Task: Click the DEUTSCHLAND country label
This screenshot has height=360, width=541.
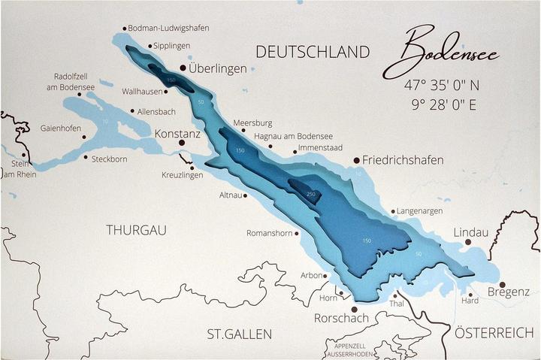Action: pyautogui.click(x=313, y=52)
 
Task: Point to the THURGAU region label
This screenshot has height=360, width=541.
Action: pyautogui.click(x=136, y=230)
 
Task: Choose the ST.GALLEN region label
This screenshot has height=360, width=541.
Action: pyautogui.click(x=240, y=333)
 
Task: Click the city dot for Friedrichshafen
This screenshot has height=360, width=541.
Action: pyautogui.click(x=356, y=160)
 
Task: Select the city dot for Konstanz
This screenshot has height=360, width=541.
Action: pyautogui.click(x=181, y=142)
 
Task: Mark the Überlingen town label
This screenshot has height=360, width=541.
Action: pyautogui.click(x=218, y=68)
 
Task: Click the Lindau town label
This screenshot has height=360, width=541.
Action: pyautogui.click(x=471, y=232)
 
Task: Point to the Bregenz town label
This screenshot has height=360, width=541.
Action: pyautogui.click(x=509, y=292)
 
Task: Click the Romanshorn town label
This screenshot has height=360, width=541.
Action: pyautogui.click(x=269, y=233)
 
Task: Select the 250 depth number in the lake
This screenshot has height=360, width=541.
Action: pyautogui.click(x=311, y=194)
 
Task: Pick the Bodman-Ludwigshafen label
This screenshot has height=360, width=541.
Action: pyautogui.click(x=168, y=28)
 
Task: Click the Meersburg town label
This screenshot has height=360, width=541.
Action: pyautogui.click(x=253, y=123)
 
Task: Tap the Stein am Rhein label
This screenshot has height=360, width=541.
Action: pyautogui.click(x=20, y=169)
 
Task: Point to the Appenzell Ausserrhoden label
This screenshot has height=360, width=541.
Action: pyautogui.click(x=347, y=349)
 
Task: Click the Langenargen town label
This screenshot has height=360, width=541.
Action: pyautogui.click(x=419, y=211)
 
